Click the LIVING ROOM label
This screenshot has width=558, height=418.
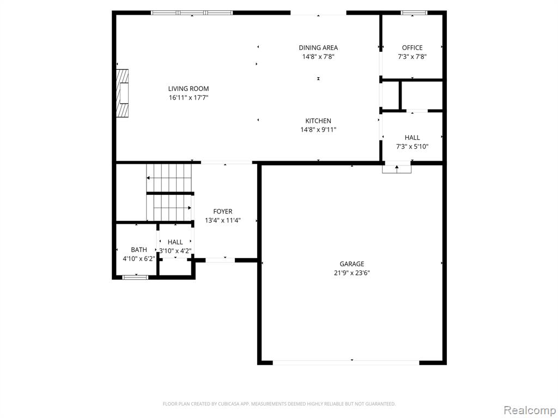point(188,89)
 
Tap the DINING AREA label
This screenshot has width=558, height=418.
point(318,48)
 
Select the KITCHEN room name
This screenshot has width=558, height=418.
point(318,121)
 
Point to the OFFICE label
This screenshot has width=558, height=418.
point(412,48)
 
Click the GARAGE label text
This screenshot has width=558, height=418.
point(351,264)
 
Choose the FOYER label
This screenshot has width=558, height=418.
point(223,212)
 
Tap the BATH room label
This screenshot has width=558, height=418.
point(139,250)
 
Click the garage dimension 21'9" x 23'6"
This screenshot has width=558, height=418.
point(351,273)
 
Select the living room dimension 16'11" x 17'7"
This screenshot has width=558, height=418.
point(188,98)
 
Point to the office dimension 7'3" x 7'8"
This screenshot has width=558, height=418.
point(412,57)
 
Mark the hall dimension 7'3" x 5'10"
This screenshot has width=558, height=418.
point(412,146)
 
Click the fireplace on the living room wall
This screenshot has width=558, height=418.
point(123,93)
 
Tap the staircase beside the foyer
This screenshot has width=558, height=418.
point(169,193)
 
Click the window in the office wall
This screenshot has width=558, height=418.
point(414,13)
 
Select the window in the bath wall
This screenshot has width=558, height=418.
point(135,277)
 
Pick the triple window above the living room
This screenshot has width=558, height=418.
point(192,13)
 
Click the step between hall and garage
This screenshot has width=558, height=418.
point(397,169)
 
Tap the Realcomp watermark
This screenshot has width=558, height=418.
point(530,410)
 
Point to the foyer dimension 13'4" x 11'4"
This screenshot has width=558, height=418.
point(223,220)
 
